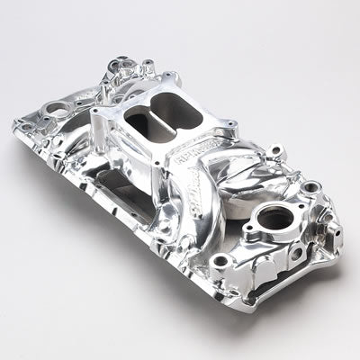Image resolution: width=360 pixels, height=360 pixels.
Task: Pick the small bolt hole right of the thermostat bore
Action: point(310,188)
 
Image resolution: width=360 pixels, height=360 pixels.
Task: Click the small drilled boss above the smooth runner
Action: point(237,154)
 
